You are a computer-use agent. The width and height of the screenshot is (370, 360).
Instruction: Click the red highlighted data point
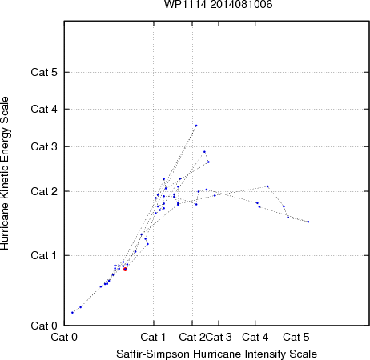(x=125, y=269)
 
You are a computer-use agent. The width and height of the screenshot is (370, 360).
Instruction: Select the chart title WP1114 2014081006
(x=218, y=4)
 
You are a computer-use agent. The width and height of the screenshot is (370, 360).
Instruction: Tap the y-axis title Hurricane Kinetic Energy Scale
(x=5, y=173)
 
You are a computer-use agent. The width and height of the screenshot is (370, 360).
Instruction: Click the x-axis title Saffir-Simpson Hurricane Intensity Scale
(x=217, y=354)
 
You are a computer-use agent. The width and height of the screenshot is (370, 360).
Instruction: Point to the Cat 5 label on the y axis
(x=44, y=72)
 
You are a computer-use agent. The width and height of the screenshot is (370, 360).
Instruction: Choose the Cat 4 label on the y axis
(x=44, y=109)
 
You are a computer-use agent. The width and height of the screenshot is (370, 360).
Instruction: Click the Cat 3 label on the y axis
(x=44, y=146)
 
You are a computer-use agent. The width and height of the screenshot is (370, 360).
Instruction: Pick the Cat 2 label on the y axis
(x=44, y=191)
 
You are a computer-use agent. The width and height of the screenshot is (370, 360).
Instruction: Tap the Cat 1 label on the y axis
(x=44, y=255)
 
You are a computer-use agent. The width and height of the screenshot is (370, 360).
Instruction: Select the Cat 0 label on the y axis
(x=44, y=326)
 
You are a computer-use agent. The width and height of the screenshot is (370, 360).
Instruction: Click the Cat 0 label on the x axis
(x=64, y=337)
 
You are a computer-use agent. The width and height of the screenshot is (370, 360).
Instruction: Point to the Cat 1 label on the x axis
(x=153, y=337)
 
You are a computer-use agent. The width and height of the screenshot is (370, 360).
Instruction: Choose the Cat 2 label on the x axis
(x=192, y=337)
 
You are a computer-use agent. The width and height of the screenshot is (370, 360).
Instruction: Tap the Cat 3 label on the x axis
(x=219, y=337)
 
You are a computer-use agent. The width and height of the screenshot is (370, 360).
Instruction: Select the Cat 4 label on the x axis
(x=255, y=337)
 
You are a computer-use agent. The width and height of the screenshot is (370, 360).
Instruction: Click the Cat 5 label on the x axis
(x=296, y=337)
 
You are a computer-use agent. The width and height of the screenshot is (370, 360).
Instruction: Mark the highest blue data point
(x=196, y=126)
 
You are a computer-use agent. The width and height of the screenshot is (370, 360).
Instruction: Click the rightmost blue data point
(x=308, y=222)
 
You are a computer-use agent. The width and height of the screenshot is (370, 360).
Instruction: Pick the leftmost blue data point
(x=72, y=312)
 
